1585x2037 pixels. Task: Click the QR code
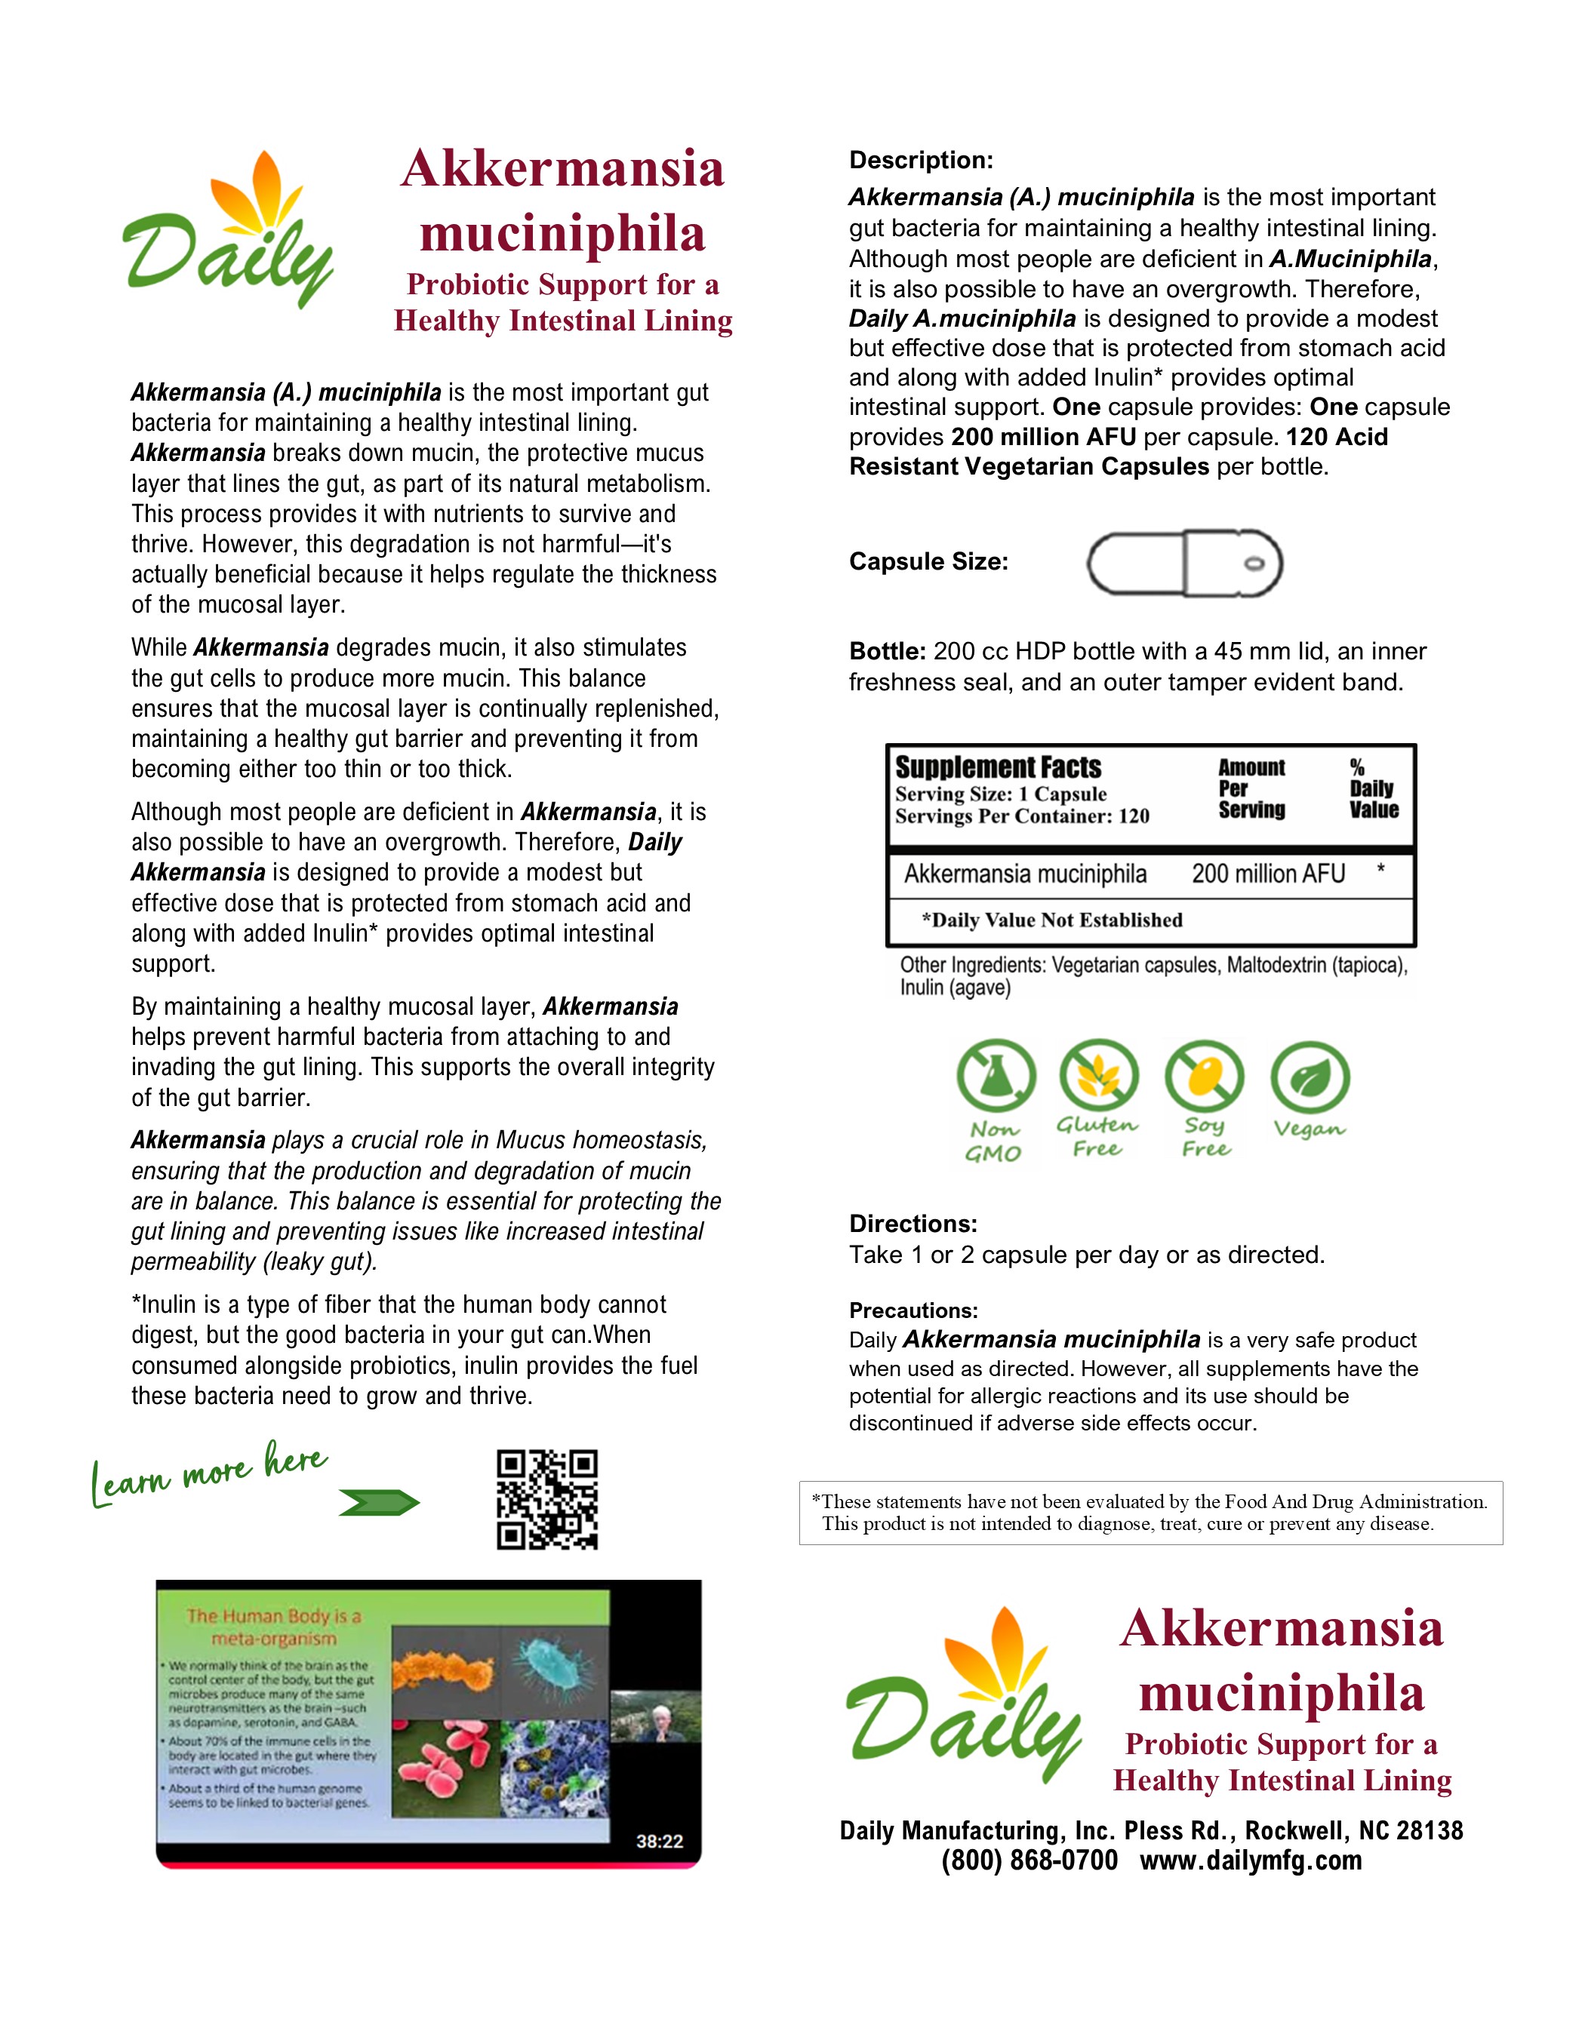pos(546,1499)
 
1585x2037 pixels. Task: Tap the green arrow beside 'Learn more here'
pos(379,1503)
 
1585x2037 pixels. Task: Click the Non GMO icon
pos(996,1077)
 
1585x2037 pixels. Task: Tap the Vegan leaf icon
pos(1310,1077)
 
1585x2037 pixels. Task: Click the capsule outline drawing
pos(1184,564)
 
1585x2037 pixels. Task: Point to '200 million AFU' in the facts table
pos(1268,874)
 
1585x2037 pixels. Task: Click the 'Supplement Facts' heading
pos(999,767)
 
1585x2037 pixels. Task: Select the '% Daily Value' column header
pos(1372,789)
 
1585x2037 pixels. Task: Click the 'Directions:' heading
pos(913,1224)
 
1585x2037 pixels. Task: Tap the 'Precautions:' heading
pos(913,1310)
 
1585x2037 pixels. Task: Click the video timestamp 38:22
pos(660,1841)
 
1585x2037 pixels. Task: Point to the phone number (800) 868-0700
pos(1029,1860)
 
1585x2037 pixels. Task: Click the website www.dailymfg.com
pos(1250,1860)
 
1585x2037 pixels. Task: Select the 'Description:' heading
pos(921,161)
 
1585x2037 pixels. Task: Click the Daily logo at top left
pos(229,232)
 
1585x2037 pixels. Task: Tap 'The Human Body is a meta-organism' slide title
pos(273,1627)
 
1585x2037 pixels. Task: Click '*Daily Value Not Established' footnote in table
pos(1051,920)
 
